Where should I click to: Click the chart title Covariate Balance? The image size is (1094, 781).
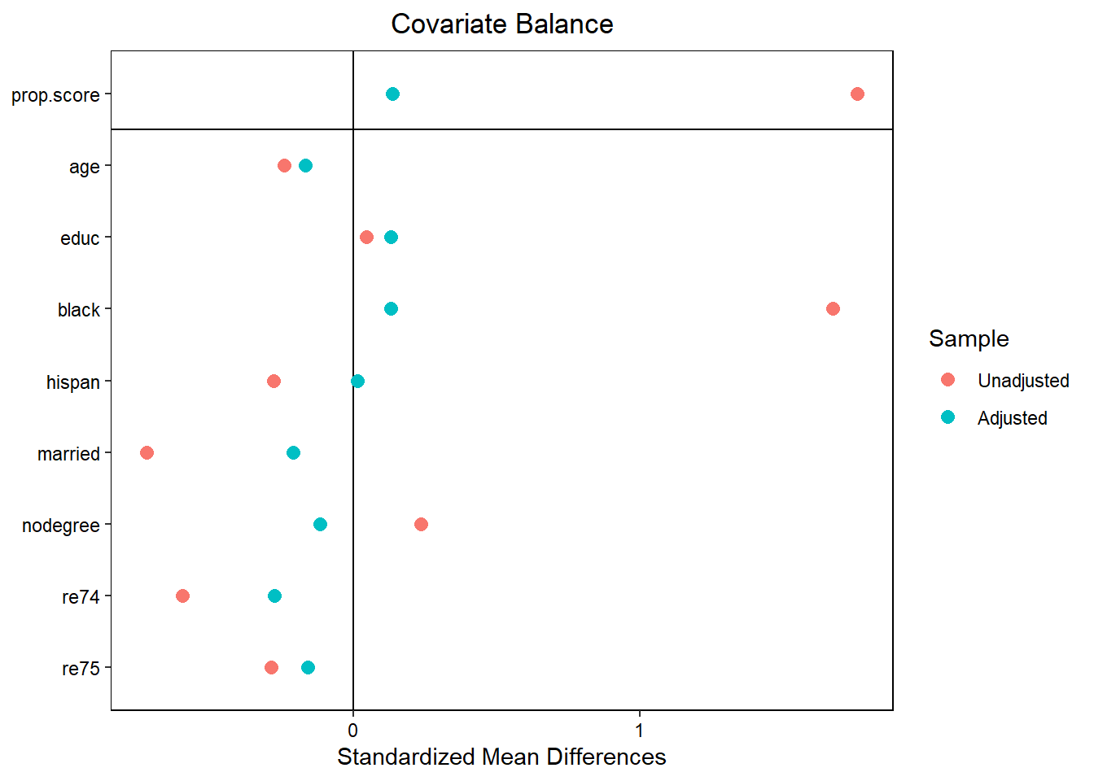pyautogui.click(x=501, y=24)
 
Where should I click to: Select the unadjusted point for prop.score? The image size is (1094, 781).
pyautogui.click(x=857, y=94)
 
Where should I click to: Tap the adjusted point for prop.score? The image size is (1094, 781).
pyautogui.click(x=392, y=94)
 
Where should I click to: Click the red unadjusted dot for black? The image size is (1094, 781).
pyautogui.click(x=833, y=309)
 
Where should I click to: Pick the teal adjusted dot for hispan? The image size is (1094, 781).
pyautogui.click(x=357, y=382)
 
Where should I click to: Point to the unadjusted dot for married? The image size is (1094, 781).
pyautogui.click(x=147, y=453)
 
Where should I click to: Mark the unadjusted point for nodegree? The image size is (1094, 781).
pyautogui.click(x=421, y=525)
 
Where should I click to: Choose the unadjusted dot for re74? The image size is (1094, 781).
pyautogui.click(x=182, y=596)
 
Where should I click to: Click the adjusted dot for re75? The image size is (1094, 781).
pyautogui.click(x=308, y=668)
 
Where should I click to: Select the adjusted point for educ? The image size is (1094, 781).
pyautogui.click(x=391, y=238)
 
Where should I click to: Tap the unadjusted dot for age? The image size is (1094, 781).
pyautogui.click(x=284, y=166)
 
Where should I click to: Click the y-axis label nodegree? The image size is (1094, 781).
pyautogui.click(x=61, y=526)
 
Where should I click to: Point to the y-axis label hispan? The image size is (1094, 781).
pyautogui.click(x=73, y=382)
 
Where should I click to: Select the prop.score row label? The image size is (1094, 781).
pyautogui.click(x=55, y=96)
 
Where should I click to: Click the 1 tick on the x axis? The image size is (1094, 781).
pyautogui.click(x=640, y=730)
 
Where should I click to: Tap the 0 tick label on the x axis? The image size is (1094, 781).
pyautogui.click(x=353, y=730)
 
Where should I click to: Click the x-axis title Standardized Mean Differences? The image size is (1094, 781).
pyautogui.click(x=501, y=757)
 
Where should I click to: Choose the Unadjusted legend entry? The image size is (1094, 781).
pyautogui.click(x=1023, y=381)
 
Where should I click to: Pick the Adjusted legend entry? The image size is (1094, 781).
pyautogui.click(x=1012, y=418)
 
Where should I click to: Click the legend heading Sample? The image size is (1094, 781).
pyautogui.click(x=969, y=339)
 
